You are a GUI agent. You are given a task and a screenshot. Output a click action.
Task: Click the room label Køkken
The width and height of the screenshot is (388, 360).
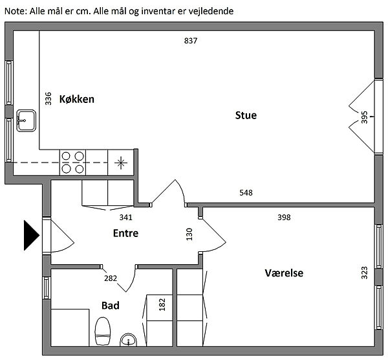[x=77, y=99]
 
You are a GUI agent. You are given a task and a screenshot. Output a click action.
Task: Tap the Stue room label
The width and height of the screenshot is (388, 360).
[x=246, y=116]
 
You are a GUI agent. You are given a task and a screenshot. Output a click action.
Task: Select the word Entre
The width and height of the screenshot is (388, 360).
[x=125, y=233]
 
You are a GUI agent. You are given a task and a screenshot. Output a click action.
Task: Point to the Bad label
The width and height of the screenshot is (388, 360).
[x=111, y=304]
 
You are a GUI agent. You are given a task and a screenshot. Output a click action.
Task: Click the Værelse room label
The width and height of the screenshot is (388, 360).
[x=284, y=273]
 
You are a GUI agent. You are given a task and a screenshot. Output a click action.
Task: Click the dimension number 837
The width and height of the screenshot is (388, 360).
[x=190, y=41]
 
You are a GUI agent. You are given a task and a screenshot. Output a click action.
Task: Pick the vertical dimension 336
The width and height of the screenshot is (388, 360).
[x=48, y=98]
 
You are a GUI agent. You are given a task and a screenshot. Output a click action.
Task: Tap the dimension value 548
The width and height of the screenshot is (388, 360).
[x=246, y=192]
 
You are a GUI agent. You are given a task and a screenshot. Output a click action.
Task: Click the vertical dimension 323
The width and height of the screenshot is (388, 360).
[x=364, y=272]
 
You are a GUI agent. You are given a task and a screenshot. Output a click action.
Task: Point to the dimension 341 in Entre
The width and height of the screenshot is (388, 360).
[x=127, y=218]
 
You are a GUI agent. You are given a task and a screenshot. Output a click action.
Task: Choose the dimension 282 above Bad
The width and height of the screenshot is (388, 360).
[x=111, y=278]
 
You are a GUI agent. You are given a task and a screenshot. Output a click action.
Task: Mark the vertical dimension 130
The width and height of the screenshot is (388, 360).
[x=189, y=234]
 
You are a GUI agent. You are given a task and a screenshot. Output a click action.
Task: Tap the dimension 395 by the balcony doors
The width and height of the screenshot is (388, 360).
[x=364, y=117]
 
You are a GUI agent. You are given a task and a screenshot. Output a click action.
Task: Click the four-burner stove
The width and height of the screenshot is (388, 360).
[x=73, y=162]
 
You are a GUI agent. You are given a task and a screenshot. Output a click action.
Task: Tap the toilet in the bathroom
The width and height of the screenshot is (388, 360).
[x=103, y=332]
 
